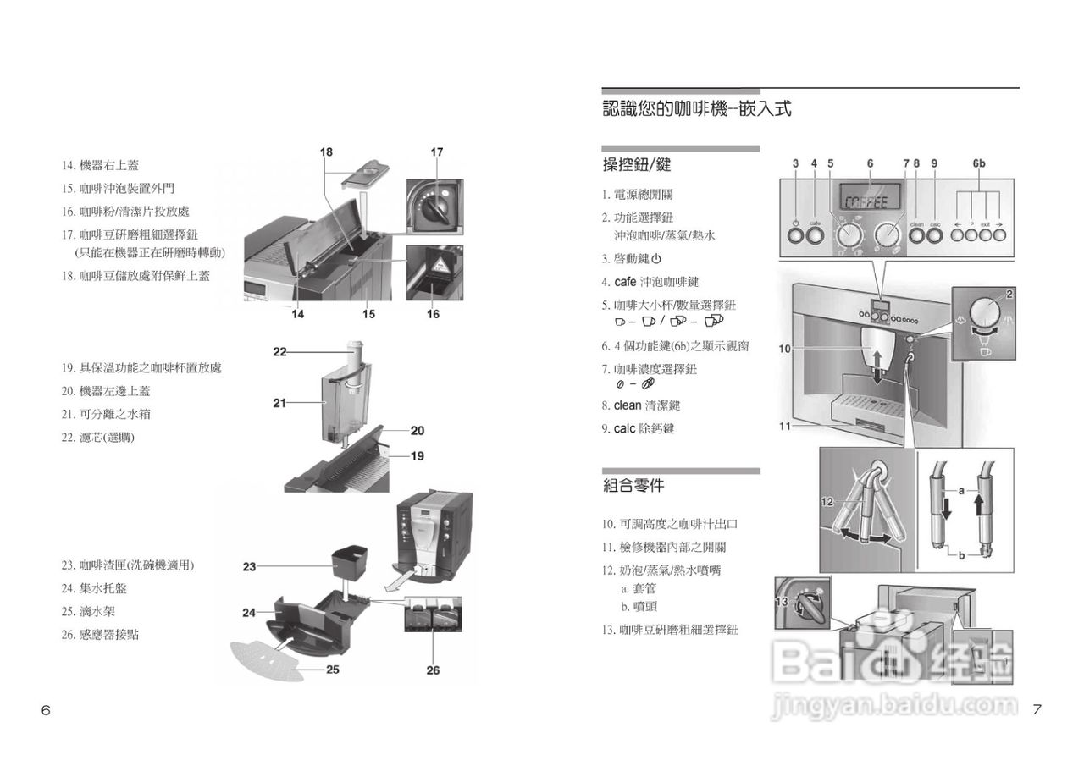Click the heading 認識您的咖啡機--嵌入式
pyautogui.click(x=696, y=109)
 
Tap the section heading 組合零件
pyautogui.click(x=633, y=486)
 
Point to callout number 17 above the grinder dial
pyautogui.click(x=436, y=152)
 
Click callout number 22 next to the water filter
pyautogui.click(x=279, y=351)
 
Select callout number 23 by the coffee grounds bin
pyautogui.click(x=249, y=566)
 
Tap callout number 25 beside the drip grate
pyautogui.click(x=333, y=670)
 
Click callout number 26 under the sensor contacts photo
pyautogui.click(x=433, y=670)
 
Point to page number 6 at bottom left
pyautogui.click(x=46, y=710)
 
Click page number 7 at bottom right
pyautogui.click(x=1037, y=710)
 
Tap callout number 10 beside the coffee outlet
pyautogui.click(x=784, y=348)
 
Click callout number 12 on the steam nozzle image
pyautogui.click(x=827, y=502)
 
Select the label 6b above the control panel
pyautogui.click(x=979, y=163)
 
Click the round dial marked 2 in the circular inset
pyautogui.click(x=982, y=312)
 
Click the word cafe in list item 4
pyautogui.click(x=625, y=282)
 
